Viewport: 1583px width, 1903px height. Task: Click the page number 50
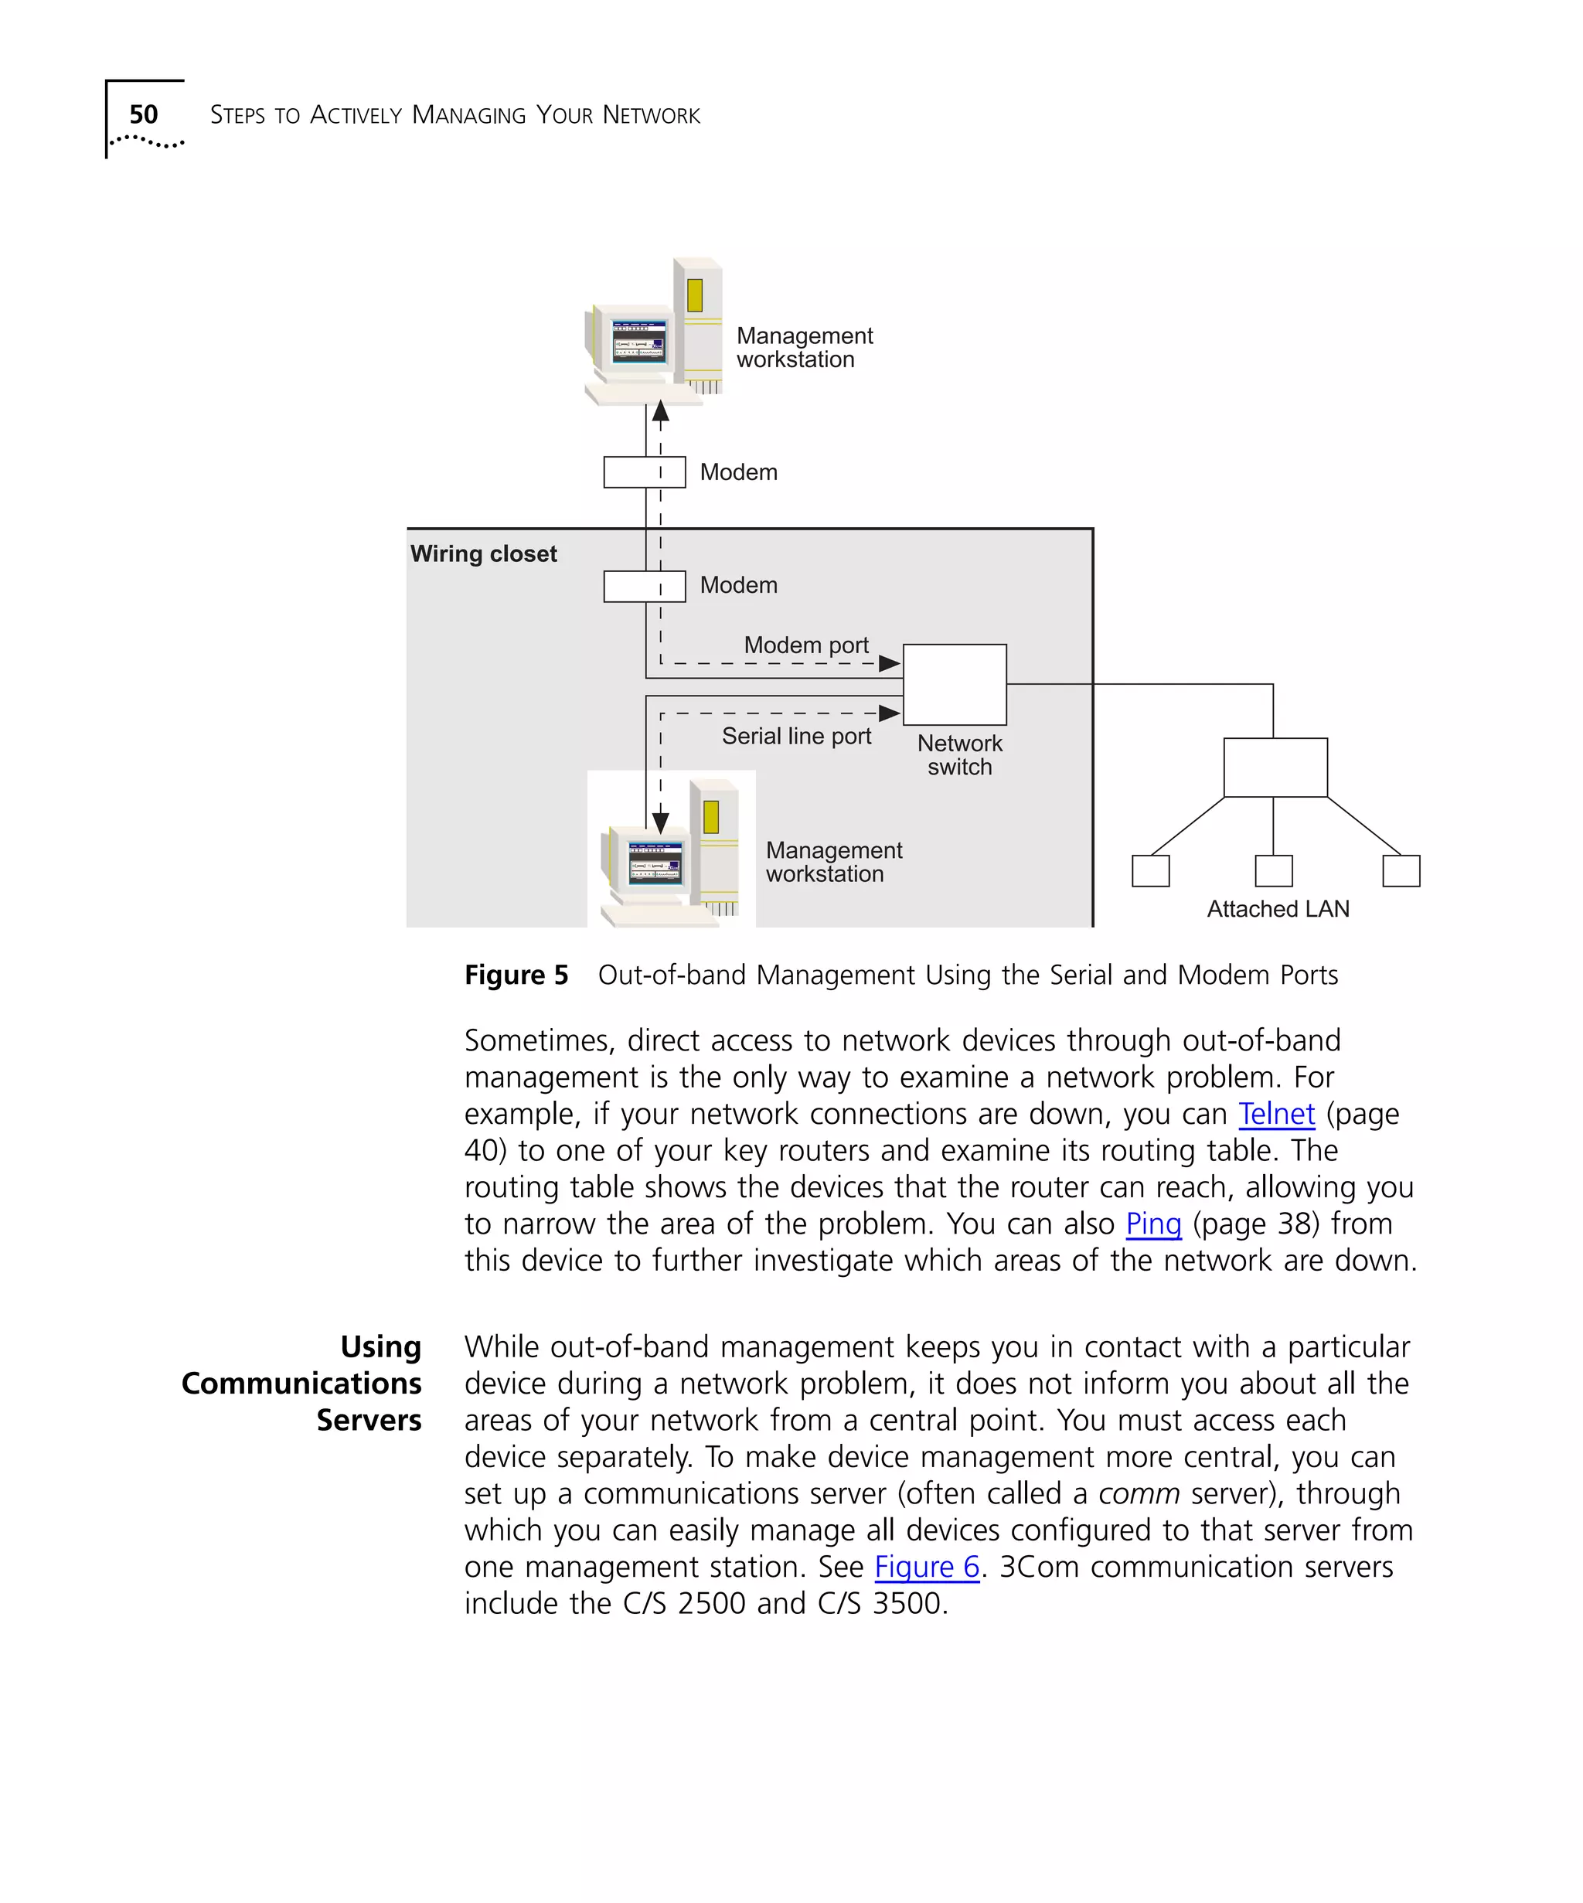click(143, 114)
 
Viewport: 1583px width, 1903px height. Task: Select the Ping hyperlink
click(1152, 1224)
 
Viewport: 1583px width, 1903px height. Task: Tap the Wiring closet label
click(483, 553)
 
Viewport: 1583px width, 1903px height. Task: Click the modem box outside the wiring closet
click(645, 472)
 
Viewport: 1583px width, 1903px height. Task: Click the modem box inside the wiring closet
click(645, 587)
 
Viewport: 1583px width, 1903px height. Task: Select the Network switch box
click(954, 684)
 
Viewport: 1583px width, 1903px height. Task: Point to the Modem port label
click(805, 645)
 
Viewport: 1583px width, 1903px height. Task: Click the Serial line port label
click(795, 736)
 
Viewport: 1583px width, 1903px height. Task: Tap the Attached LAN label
click(1277, 909)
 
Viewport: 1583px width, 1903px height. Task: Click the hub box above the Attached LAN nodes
click(1275, 768)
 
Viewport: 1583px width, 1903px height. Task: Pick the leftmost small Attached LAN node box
click(1150, 871)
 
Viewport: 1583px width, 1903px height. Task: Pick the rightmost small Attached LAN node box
click(1400, 871)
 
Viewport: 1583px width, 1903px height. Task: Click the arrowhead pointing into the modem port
click(890, 663)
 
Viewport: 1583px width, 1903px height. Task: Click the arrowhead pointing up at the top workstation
click(661, 411)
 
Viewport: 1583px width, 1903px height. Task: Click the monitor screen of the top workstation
click(638, 342)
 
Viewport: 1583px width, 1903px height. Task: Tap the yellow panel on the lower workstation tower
click(711, 816)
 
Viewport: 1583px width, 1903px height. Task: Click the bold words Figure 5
click(516, 975)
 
